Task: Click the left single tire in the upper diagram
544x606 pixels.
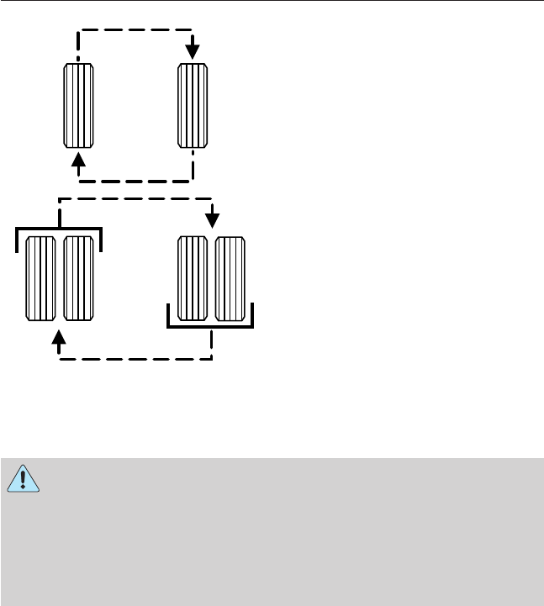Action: tap(78, 105)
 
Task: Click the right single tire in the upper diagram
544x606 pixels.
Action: tap(193, 105)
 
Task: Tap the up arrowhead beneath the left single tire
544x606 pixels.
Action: tap(78, 160)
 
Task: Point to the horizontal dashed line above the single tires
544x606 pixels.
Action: tap(135, 33)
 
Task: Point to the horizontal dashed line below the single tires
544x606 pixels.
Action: tap(135, 179)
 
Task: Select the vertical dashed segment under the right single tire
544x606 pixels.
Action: tap(193, 165)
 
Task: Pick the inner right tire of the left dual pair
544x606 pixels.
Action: tap(78, 278)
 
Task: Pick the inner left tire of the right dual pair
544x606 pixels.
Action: tap(193, 278)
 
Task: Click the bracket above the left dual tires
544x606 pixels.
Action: tap(59, 229)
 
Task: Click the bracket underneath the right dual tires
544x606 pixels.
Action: tap(211, 327)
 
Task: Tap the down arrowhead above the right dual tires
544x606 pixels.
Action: tap(212, 219)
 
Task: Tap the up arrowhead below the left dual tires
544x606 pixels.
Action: tap(59, 338)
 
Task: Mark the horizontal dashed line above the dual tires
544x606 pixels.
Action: tap(135, 200)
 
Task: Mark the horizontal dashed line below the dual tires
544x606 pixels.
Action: tap(135, 359)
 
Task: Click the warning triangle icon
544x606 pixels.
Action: tap(24, 479)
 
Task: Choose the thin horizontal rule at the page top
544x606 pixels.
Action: tap(272, 2)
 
